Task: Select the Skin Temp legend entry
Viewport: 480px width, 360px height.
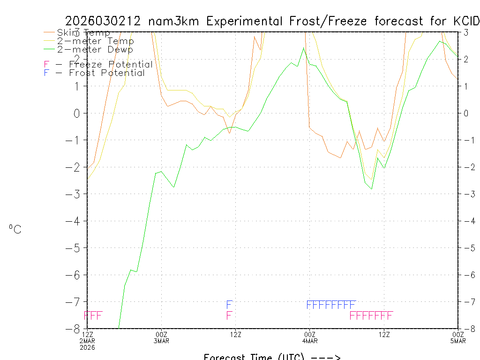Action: (x=83, y=33)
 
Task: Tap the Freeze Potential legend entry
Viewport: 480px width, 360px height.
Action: (x=98, y=64)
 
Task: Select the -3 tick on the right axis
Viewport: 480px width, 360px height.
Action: (x=466, y=194)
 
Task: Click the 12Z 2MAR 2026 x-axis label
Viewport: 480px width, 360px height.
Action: (x=88, y=340)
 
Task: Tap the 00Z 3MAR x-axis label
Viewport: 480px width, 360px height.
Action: (x=162, y=337)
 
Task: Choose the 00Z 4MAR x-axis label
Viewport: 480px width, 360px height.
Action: (x=310, y=337)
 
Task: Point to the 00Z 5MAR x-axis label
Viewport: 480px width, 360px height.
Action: (x=458, y=337)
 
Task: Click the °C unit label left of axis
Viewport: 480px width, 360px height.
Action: (x=15, y=230)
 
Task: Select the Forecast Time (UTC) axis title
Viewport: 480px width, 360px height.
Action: (x=272, y=357)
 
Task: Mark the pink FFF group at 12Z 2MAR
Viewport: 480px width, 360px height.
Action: (x=93, y=315)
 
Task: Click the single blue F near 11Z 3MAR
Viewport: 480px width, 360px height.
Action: (x=229, y=305)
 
